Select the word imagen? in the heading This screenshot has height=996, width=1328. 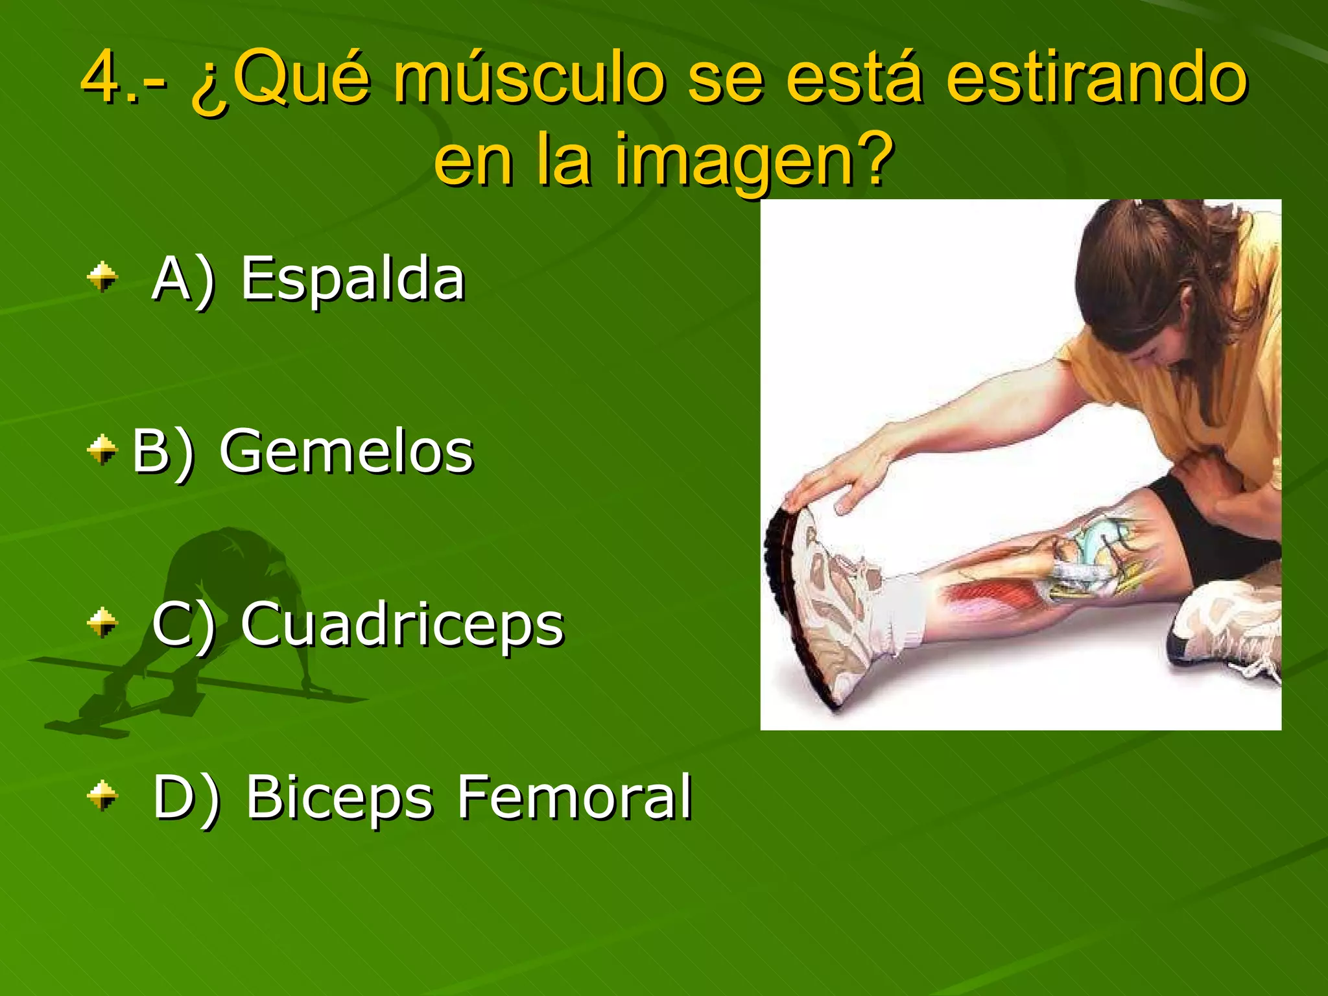pos(755,161)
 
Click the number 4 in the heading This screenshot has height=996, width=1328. pos(102,78)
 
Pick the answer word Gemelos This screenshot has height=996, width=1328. pos(346,452)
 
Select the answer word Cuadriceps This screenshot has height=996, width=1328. pos(402,624)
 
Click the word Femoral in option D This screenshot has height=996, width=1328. pos(575,797)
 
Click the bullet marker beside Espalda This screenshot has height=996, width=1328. pos(102,278)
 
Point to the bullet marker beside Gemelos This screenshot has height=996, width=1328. pos(102,450)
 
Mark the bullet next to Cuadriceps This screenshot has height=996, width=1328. pos(102,623)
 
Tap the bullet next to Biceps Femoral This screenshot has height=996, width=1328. pos(102,796)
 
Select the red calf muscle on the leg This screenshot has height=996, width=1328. pos(992,593)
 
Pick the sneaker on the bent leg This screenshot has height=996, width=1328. pos(1226,629)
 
